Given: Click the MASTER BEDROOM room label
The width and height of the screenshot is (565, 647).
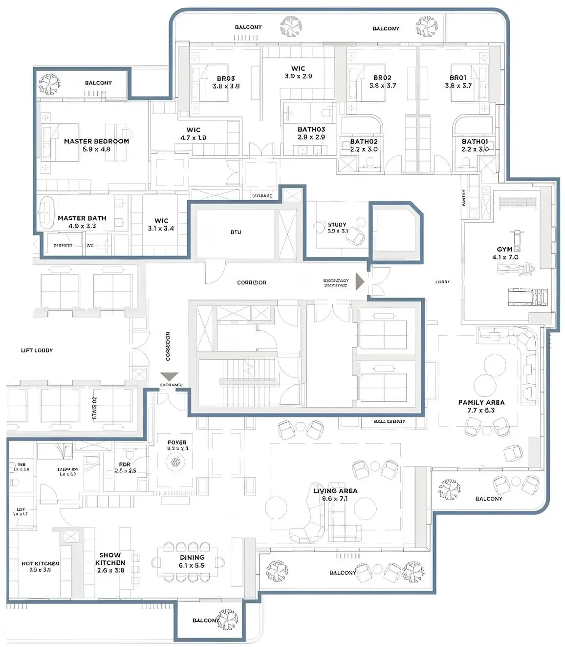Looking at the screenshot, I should point(96,141).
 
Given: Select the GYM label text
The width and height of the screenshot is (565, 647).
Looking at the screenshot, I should point(504,249).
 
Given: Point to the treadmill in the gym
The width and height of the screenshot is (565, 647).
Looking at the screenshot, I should point(528,296).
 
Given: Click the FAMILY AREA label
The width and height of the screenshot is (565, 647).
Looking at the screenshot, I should point(481,402).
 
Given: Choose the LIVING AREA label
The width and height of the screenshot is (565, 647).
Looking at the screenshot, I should point(335,490).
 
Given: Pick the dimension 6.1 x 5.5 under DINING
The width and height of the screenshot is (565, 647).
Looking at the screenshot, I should point(192,565).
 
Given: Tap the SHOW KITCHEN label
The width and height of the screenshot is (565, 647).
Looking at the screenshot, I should point(110,559).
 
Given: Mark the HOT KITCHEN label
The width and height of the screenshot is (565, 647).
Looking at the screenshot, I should point(40,563).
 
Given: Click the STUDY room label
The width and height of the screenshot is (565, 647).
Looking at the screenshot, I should point(337,225).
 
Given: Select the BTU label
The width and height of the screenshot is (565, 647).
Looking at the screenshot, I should point(236,232).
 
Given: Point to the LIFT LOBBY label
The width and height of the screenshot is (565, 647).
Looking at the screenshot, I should point(37,350).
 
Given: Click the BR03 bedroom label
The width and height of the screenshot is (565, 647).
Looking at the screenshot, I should point(226,78).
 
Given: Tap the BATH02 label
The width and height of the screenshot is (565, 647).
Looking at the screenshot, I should point(364,141).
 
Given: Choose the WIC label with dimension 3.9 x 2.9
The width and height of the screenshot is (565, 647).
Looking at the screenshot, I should point(298,69).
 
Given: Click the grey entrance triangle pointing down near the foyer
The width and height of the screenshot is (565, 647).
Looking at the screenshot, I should point(170,376).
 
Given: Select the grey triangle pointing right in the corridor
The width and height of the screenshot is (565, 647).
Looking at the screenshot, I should point(360,282).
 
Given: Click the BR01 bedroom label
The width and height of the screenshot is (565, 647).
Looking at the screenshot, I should point(458,78).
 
